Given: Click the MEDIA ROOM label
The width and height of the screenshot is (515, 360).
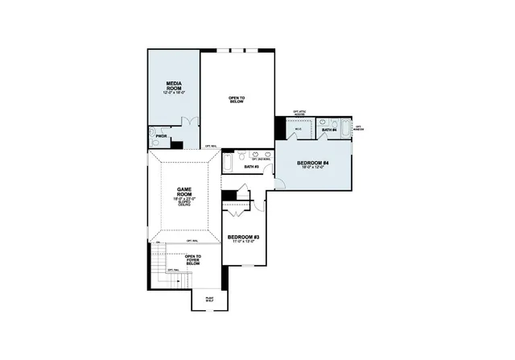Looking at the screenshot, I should [x=173, y=85].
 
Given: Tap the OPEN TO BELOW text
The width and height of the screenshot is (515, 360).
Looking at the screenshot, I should [x=237, y=101].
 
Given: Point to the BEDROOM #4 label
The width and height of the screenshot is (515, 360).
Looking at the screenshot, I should [x=315, y=163].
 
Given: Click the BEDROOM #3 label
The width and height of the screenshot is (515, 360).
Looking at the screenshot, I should [x=243, y=237].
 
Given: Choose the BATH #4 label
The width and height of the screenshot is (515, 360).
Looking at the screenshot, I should [x=328, y=130].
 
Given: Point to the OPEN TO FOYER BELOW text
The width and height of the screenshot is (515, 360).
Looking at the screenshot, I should [x=192, y=260].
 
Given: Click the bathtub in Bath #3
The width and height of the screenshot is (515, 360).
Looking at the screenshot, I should [x=228, y=164].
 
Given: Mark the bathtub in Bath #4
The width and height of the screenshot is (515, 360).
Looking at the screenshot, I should [x=344, y=129].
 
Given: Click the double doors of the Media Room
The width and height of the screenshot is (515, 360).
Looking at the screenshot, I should [x=188, y=123].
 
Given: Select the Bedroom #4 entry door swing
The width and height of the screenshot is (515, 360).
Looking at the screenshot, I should [x=279, y=183].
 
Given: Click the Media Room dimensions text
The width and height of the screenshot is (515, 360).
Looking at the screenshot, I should [x=173, y=93].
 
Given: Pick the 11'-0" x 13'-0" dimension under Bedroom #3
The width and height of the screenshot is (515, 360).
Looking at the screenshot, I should [x=243, y=242].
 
